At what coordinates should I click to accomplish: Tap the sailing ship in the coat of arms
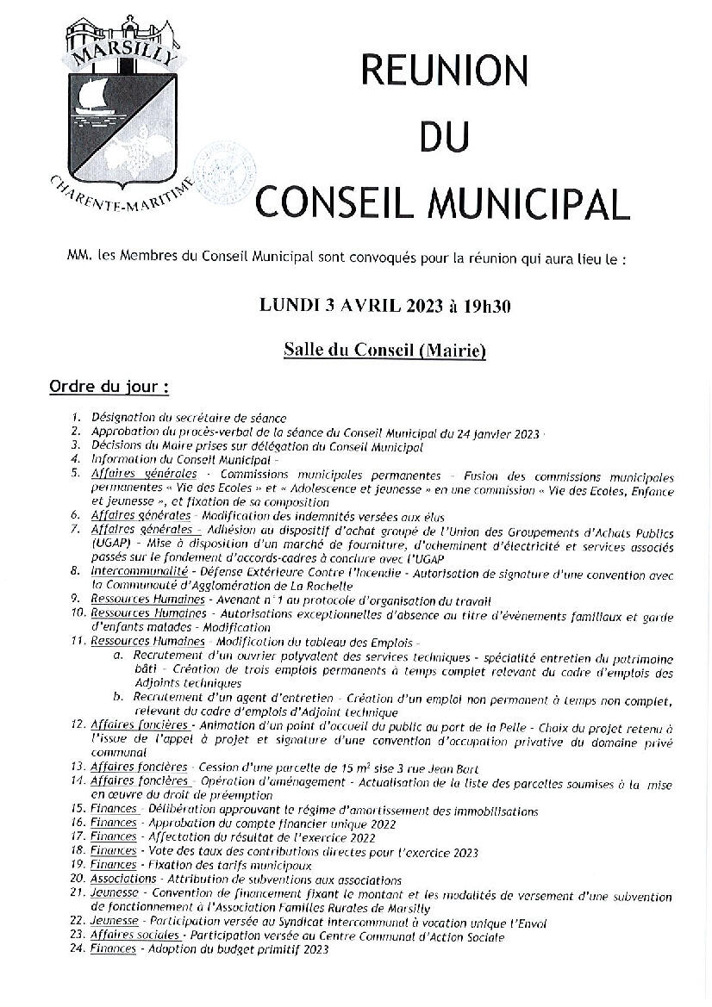pos(89,95)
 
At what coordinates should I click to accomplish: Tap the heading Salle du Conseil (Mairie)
pos(384,351)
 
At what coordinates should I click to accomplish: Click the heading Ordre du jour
pos(109,384)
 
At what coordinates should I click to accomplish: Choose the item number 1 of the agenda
pos(77,419)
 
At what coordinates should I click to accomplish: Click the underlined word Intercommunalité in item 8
pos(130,572)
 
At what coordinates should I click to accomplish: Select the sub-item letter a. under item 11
pos(118,656)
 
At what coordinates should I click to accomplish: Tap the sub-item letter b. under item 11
pos(118,697)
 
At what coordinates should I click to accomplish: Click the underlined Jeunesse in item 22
pos(114,922)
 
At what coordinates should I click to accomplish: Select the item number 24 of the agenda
pos(77,949)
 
